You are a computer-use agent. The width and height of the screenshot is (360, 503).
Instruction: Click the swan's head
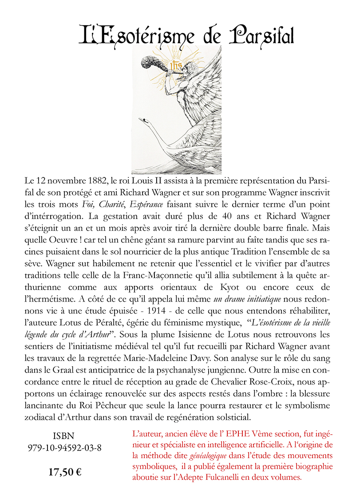(142, 120)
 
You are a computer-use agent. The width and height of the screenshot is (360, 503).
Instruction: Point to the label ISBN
(65, 436)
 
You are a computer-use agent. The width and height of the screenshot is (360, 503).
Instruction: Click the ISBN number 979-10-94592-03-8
(65, 448)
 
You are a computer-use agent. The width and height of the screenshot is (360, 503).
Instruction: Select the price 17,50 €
(65, 472)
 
